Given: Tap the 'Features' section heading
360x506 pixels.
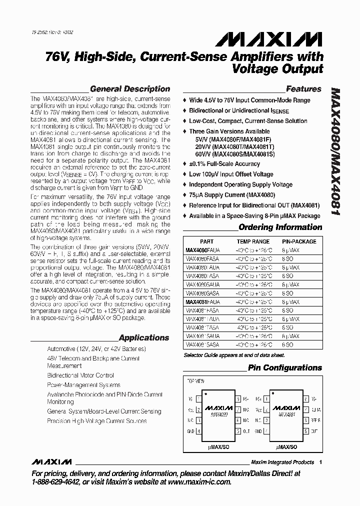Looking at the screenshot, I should [303, 89].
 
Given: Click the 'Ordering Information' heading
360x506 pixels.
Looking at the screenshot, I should [280, 227].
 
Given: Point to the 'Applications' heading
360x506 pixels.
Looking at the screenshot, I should [144, 337].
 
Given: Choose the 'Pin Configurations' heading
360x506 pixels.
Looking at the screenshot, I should [285, 367].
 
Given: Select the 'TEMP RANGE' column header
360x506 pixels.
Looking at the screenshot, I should [253, 241].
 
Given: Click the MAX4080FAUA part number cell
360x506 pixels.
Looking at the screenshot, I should [202, 250].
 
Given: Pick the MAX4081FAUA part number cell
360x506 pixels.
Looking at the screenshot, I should [202, 302].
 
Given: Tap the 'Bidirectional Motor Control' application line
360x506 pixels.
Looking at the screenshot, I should [80, 375].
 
